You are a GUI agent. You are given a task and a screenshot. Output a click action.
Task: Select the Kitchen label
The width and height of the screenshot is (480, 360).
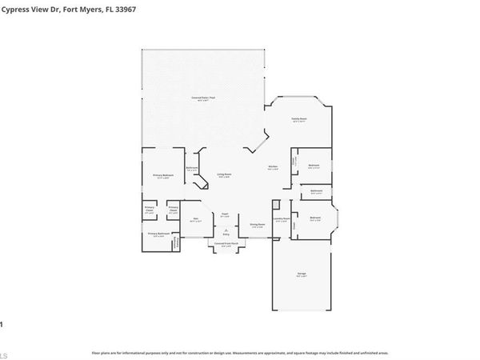272,167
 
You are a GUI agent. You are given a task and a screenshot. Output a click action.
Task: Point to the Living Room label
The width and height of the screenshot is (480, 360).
225,175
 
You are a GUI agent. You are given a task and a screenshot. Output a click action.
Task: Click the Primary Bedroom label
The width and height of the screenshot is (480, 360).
161,176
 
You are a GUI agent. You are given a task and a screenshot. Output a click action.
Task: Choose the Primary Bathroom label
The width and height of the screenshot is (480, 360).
158,234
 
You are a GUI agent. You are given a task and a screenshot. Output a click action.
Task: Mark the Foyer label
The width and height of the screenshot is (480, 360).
225,214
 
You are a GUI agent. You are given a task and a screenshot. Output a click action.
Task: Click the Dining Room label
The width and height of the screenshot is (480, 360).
257,226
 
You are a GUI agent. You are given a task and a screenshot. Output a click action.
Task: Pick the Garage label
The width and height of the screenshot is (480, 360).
302,275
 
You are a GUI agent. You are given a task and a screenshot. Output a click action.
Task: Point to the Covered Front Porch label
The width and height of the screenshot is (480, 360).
225,246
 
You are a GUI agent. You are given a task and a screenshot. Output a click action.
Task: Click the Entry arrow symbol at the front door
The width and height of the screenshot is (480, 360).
225,229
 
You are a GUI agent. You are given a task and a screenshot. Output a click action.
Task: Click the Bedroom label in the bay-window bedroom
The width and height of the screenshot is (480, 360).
315,218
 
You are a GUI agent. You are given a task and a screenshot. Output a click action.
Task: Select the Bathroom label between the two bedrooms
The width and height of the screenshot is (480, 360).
317,192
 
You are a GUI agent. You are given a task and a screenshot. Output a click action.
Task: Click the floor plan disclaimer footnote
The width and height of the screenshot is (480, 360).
240,352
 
